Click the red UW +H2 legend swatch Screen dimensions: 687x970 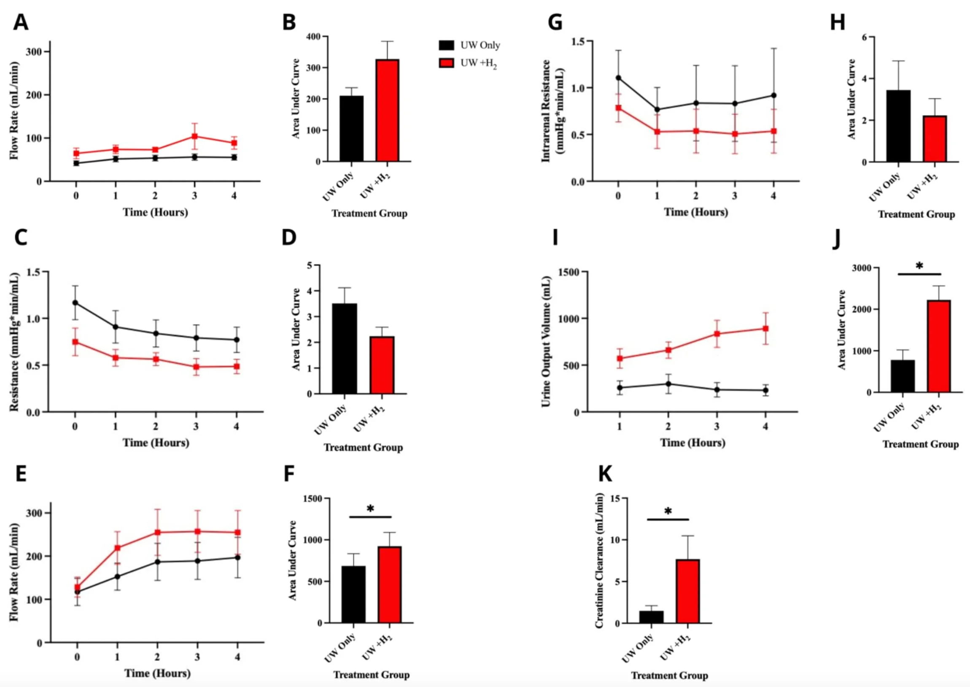[x=446, y=63]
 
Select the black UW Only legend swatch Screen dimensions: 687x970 [x=446, y=45]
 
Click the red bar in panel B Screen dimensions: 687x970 [x=387, y=111]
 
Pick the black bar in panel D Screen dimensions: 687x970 [x=344, y=349]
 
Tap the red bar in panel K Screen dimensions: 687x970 [x=688, y=591]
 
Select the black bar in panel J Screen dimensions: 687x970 [x=903, y=376]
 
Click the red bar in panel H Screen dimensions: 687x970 [x=935, y=139]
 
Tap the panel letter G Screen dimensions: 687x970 [x=555, y=22]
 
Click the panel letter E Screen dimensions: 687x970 [x=21, y=474]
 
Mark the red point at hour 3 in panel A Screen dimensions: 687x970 [x=195, y=136]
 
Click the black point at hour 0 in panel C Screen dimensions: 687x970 [x=75, y=303]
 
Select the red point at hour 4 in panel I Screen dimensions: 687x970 [x=765, y=328]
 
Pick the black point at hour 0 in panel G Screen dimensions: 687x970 [x=618, y=78]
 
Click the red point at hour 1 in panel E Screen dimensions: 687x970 [x=118, y=548]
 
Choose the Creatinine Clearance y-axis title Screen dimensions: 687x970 [x=599, y=561]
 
